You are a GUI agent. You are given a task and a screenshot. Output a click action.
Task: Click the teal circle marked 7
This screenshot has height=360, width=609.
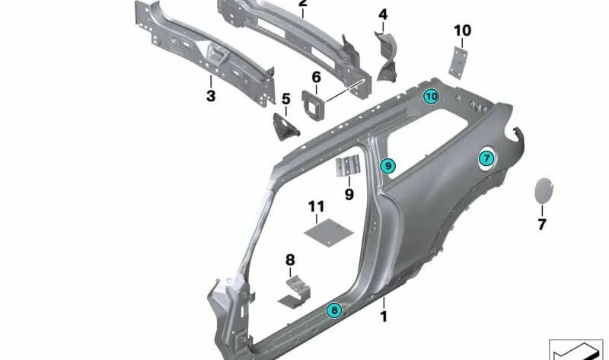tap(486, 158)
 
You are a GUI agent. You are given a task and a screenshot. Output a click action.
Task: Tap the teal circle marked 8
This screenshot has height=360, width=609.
tap(334, 310)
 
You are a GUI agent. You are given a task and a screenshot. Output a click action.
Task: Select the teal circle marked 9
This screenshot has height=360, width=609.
tap(387, 166)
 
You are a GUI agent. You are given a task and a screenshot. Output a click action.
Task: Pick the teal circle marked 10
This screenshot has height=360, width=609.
tap(431, 97)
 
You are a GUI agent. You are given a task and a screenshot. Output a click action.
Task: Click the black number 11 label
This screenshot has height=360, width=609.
tap(316, 206)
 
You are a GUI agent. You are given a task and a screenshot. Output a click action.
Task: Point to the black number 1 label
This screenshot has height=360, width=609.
tap(384, 317)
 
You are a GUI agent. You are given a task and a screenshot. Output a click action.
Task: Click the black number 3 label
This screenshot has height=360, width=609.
tap(211, 95)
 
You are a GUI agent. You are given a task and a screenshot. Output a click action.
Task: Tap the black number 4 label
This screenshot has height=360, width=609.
tap(383, 14)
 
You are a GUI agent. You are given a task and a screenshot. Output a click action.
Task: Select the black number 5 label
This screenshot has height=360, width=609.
tap(286, 99)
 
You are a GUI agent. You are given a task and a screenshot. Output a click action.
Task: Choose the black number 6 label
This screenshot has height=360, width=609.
tap(316, 78)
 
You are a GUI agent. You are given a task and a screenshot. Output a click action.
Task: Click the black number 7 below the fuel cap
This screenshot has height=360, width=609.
tap(542, 224)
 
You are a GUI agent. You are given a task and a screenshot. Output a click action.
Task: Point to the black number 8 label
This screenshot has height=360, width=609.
tap(290, 260)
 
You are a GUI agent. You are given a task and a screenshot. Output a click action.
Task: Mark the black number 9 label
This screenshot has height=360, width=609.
tap(349, 194)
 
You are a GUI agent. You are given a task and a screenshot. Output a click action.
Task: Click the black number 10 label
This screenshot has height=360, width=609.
tap(462, 30)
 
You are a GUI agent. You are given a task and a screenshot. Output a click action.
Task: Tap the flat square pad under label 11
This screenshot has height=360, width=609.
tap(329, 232)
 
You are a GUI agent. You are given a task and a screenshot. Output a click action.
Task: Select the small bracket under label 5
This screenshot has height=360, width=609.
tap(286, 126)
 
